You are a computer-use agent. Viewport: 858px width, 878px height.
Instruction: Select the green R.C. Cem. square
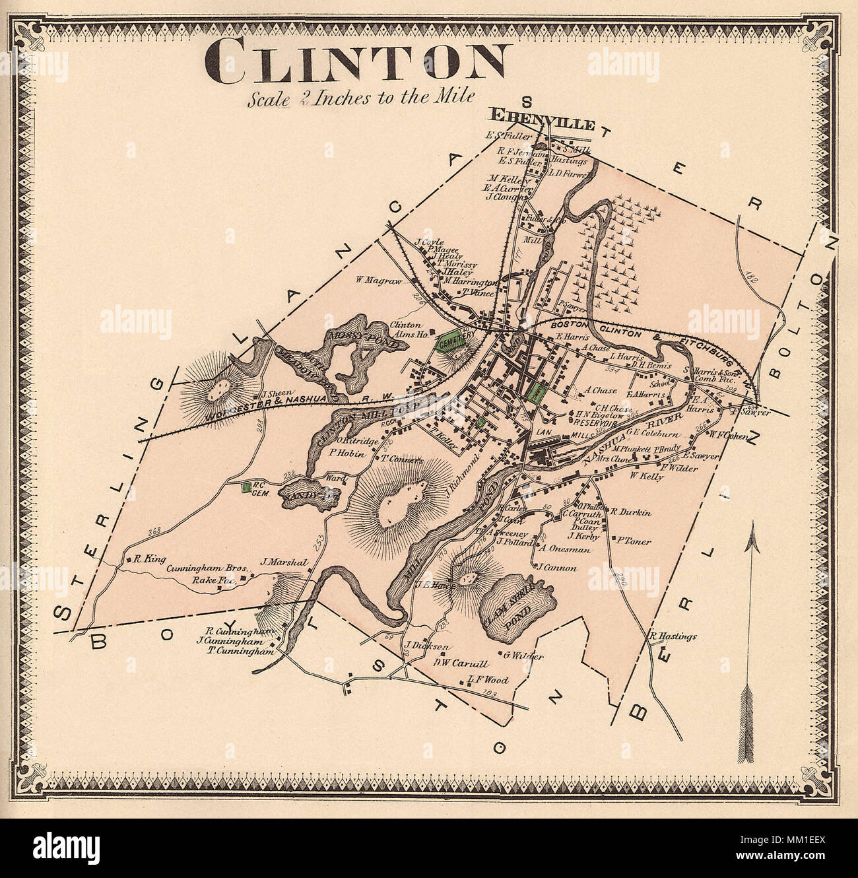[246, 488]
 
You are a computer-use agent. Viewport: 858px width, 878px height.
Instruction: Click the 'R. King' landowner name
[148, 558]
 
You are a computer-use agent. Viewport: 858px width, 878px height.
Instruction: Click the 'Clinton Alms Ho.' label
[405, 329]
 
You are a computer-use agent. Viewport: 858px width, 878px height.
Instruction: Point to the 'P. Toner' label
[634, 541]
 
